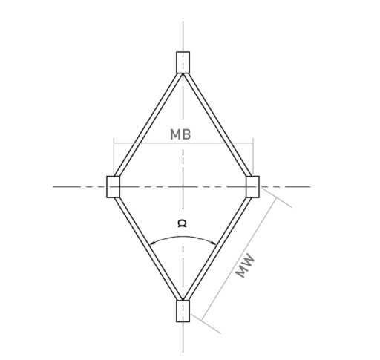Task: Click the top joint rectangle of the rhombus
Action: (183, 62)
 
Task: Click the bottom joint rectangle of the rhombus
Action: (183, 310)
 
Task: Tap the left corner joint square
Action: (114, 186)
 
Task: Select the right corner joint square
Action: (252, 186)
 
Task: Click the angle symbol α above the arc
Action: (182, 223)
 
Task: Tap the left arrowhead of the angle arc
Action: (151, 245)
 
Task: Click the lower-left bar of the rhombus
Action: (148, 244)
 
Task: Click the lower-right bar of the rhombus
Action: (217, 244)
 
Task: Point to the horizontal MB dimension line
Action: (148, 143)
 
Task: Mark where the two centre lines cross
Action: (183, 186)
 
